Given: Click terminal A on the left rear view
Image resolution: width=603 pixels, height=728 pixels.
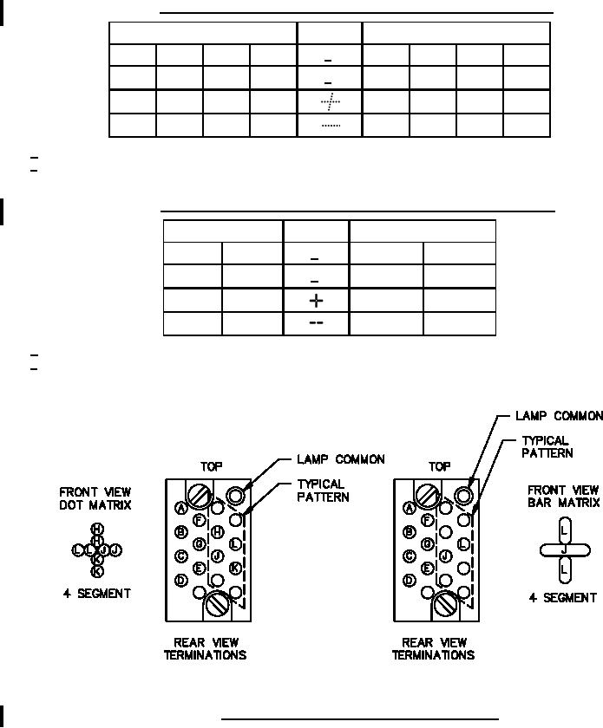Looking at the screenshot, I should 181,508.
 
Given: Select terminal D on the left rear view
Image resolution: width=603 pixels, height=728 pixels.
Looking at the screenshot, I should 181,580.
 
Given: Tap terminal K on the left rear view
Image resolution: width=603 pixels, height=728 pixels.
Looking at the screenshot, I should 235,568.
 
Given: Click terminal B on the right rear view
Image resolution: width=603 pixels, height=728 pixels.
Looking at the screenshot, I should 409,532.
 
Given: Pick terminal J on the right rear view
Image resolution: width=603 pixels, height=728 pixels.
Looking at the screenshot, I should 445,556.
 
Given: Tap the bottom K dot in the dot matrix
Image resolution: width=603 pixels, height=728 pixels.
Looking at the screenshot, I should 97,571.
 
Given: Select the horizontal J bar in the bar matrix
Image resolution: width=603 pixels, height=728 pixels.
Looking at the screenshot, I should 564,548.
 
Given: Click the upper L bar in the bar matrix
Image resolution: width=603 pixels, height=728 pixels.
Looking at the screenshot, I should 564,529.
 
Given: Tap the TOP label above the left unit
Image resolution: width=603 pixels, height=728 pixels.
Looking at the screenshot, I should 211,465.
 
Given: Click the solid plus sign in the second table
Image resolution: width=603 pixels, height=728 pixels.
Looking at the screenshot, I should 317,301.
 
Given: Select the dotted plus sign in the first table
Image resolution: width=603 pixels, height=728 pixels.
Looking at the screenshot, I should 329,102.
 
